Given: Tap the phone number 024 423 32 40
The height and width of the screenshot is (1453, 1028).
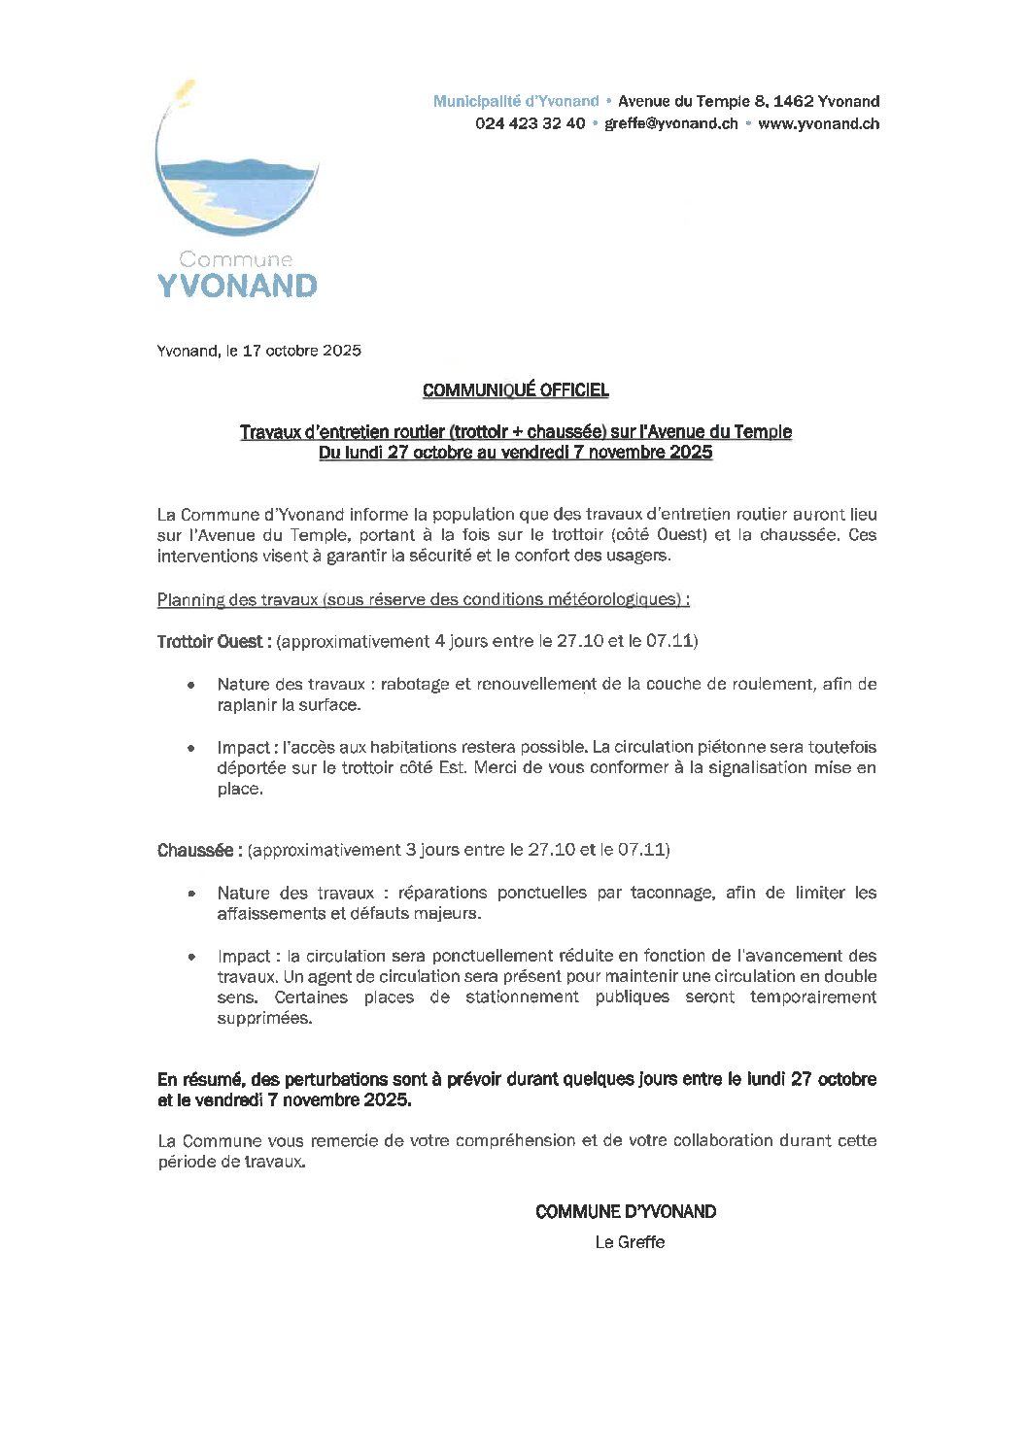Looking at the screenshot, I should [x=530, y=123].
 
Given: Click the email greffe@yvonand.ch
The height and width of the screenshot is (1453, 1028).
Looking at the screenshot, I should [x=670, y=123].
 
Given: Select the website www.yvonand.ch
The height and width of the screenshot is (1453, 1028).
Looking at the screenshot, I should [x=818, y=123].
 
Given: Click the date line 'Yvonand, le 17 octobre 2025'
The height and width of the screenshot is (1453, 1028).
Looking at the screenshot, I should [x=258, y=351].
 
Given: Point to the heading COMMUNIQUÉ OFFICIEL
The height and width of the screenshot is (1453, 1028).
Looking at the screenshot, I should [x=515, y=390].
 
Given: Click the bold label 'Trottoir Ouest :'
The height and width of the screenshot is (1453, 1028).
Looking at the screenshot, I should [x=214, y=641].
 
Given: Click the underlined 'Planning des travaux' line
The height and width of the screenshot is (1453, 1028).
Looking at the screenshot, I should [x=423, y=599].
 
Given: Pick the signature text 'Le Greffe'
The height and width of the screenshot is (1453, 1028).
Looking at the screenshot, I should [x=630, y=1242].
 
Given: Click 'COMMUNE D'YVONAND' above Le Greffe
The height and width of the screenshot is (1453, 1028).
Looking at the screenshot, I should [x=626, y=1211].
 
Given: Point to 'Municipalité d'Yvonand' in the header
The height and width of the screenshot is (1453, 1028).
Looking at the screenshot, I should [x=515, y=101].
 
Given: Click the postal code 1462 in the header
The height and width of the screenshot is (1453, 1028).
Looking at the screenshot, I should [x=792, y=101].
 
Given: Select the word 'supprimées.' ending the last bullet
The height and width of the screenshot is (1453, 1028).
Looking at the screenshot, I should [x=264, y=1019].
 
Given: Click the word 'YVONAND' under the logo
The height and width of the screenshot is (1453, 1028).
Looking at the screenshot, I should [x=237, y=286].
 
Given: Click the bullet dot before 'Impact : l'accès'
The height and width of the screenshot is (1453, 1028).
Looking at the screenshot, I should [x=192, y=748].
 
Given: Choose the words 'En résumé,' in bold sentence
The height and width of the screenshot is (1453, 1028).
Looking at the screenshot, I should [x=200, y=1079].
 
